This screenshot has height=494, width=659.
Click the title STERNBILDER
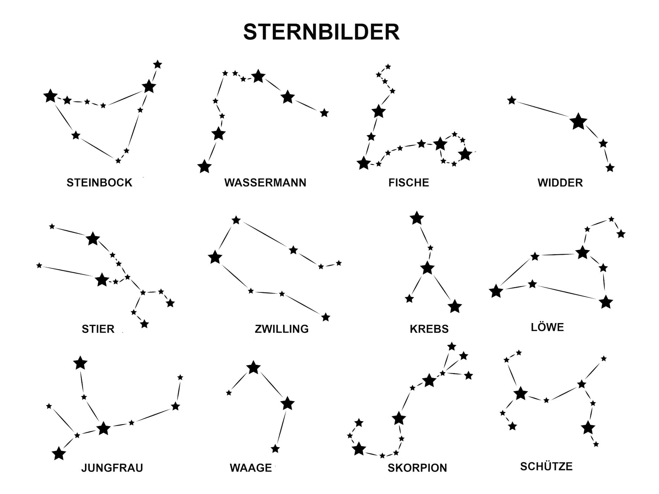click(321, 32)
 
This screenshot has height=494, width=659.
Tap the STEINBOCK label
click(99, 183)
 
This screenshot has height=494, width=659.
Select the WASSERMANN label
click(265, 183)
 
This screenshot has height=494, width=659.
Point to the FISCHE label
click(409, 183)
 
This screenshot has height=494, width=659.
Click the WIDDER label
click(560, 183)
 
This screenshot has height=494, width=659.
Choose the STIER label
click(98, 329)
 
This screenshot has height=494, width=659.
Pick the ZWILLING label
click(282, 329)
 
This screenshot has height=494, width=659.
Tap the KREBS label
click(429, 329)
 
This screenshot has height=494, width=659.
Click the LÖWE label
click(547, 327)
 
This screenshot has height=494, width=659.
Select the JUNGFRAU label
click(112, 468)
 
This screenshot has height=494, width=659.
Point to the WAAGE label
click(251, 468)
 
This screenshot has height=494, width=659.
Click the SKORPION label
click(417, 468)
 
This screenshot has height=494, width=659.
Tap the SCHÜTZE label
click(546, 466)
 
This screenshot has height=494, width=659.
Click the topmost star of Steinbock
click(157, 64)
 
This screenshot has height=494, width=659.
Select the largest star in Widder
click(578, 121)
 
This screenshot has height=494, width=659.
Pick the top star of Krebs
click(417, 218)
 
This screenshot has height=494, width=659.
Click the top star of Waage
click(253, 367)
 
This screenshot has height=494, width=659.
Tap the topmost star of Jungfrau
click(80, 363)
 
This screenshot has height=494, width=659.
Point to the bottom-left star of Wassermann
click(204, 166)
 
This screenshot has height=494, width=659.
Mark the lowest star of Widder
click(610, 168)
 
